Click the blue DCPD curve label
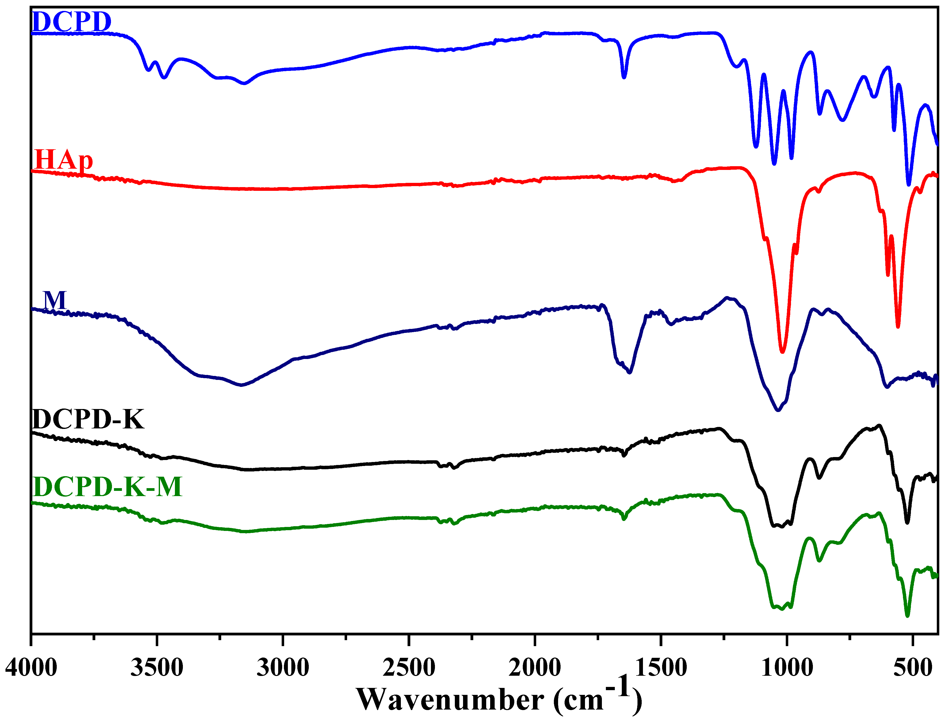click(72, 22)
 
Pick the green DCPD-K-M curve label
click(107, 487)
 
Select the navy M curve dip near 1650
click(630, 372)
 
